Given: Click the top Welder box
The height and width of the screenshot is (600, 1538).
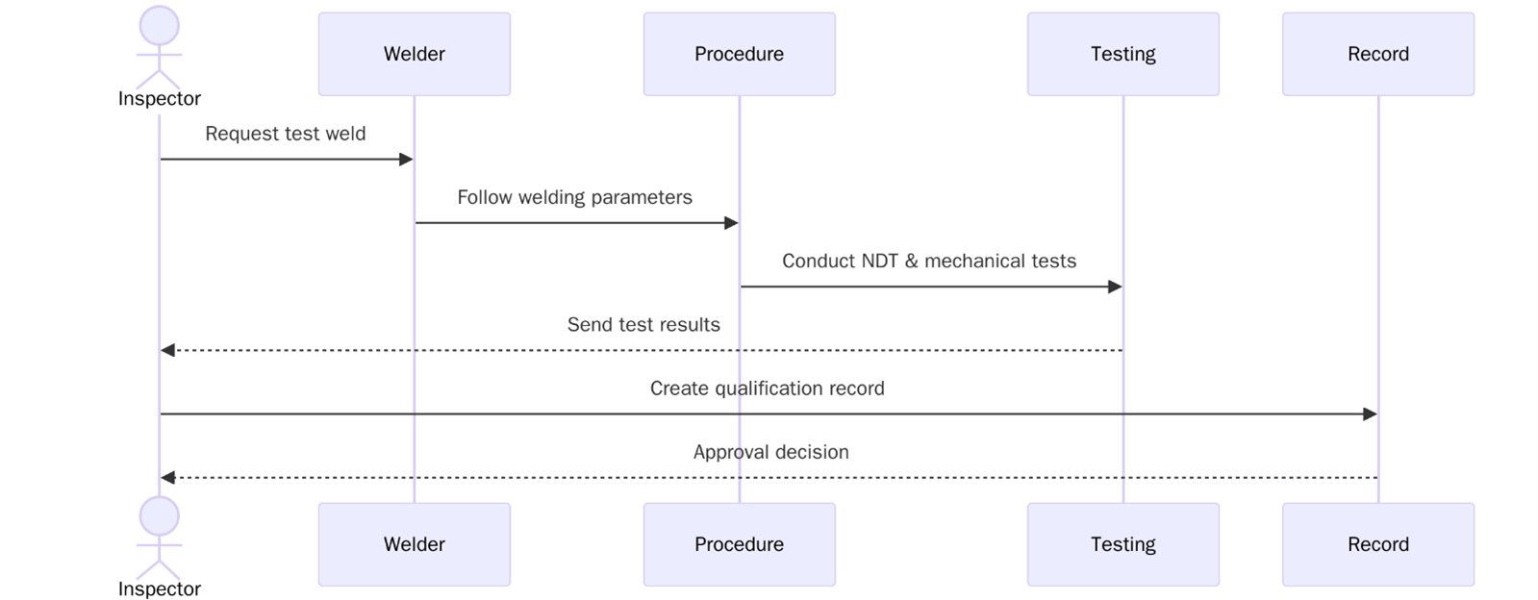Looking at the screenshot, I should click(x=414, y=54).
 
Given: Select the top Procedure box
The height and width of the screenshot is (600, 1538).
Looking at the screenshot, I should click(x=739, y=54).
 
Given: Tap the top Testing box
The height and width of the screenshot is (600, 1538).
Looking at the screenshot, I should click(x=1122, y=54).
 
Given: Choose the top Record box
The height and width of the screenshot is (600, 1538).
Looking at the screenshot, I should click(x=1377, y=54).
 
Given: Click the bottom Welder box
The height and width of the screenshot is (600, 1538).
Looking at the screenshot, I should click(x=414, y=544).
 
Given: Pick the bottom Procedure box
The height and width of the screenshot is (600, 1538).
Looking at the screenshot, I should click(x=739, y=544).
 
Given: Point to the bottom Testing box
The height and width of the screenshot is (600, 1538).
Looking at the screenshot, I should click(x=1122, y=544).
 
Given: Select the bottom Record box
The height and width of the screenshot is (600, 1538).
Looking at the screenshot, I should click(x=1377, y=544).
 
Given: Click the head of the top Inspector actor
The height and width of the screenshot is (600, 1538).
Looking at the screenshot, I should click(x=159, y=26).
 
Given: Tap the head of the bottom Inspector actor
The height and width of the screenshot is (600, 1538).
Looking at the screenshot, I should click(x=159, y=516).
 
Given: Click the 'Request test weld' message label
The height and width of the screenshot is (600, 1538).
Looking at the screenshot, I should click(x=286, y=134).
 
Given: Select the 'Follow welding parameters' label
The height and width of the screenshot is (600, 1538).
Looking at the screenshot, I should click(x=574, y=197).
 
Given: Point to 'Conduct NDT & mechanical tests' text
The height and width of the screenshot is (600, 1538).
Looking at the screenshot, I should click(x=928, y=261).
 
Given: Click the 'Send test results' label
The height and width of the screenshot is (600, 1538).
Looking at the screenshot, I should click(x=643, y=325).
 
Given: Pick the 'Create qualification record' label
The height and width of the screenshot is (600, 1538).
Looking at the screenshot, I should click(x=767, y=388).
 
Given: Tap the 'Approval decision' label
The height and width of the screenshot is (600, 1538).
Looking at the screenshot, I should click(x=770, y=452).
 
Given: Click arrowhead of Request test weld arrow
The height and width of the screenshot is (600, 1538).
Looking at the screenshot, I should click(x=406, y=159).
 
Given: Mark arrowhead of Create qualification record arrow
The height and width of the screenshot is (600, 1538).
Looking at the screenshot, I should click(x=1370, y=414).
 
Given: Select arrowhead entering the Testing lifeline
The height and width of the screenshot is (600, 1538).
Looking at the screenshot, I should click(x=1115, y=287).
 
